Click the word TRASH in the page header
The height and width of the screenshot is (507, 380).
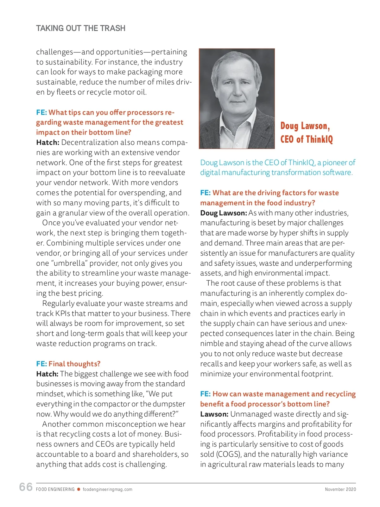pos(113,28)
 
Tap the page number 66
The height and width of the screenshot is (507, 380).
pos(26,487)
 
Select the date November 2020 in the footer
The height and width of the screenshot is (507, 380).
pos(340,489)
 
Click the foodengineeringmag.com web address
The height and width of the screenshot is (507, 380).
pos(107,489)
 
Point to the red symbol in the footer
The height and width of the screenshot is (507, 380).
pos(79,489)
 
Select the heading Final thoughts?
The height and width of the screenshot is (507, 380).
pos(74,364)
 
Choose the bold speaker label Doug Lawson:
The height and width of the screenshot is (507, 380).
pos(223,213)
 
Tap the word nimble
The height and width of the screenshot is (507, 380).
pos(212,343)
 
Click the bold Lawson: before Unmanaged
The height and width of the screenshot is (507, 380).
pos(214,414)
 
